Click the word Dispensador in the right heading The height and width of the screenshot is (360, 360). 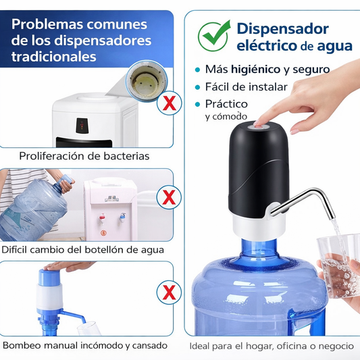pos(282,28)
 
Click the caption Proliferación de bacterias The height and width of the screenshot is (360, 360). pos(84,156)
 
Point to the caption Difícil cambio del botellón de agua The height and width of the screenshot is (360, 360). pos(83,249)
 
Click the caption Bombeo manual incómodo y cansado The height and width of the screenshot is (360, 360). pos(84,345)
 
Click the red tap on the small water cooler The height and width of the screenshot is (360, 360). pos(102,217)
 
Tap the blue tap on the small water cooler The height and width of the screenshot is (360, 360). pos(124,217)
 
